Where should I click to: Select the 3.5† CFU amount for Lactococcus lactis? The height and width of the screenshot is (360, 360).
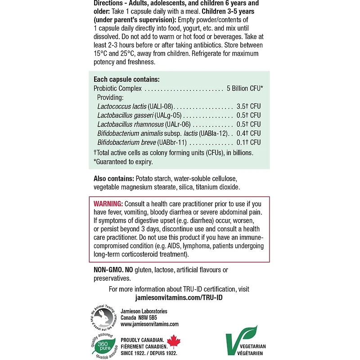(248, 106)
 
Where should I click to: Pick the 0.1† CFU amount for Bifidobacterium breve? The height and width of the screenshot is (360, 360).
(248, 142)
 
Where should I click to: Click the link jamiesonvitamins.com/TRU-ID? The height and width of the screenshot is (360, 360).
(179, 297)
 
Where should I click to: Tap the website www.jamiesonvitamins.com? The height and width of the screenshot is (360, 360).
(149, 324)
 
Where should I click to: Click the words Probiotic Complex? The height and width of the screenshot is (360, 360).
(117, 88)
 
